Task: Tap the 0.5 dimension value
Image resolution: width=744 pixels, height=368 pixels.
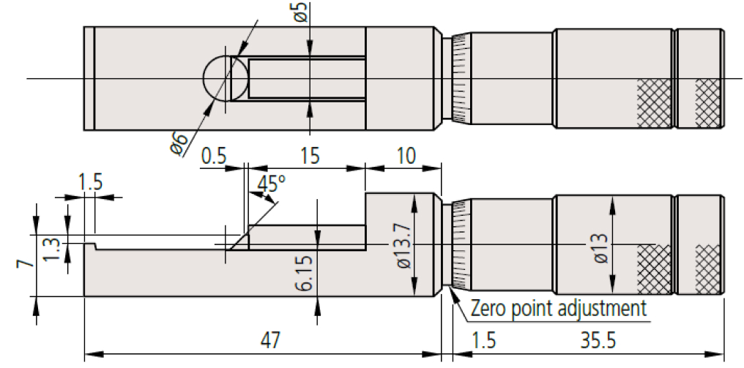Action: click(x=215, y=157)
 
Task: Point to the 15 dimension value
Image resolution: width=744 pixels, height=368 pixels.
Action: click(x=309, y=157)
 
